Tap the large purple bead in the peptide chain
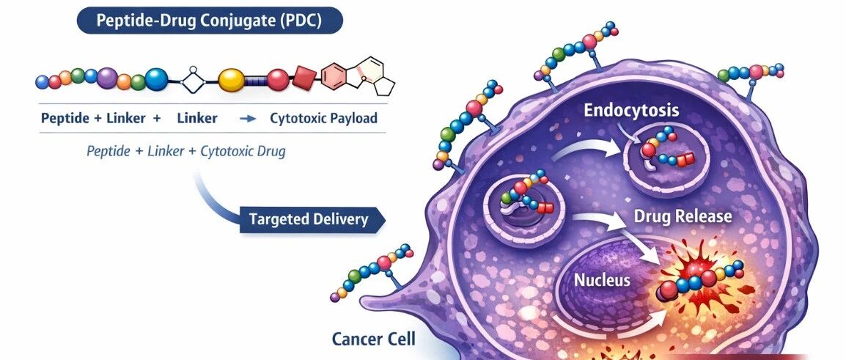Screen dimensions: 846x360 108,77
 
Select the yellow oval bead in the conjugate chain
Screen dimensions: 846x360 232,78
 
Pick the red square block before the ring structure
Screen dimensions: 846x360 304,76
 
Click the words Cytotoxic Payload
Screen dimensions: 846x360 323,118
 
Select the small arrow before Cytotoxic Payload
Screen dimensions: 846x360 248,119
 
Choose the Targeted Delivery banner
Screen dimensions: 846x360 309,219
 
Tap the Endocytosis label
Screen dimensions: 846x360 631,111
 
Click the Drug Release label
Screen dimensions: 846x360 683,217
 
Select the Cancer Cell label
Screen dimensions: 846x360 373,339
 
